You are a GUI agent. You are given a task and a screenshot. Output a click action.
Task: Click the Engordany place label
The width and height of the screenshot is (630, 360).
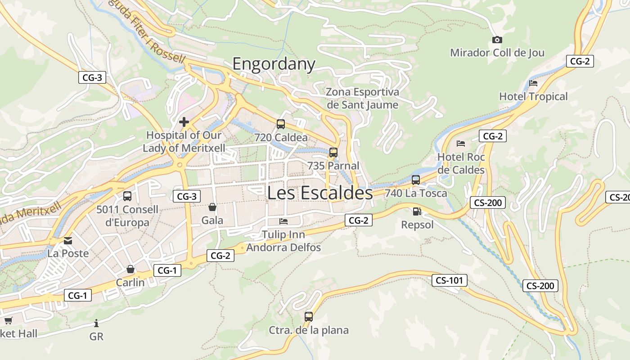(274, 64)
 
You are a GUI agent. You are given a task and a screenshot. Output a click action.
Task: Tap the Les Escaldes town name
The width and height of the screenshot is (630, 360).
(320, 193)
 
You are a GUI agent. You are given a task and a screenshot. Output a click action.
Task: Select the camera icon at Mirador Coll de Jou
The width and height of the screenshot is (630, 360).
(497, 40)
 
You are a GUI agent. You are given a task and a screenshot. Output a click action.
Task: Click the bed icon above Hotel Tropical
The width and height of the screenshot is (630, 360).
(533, 83)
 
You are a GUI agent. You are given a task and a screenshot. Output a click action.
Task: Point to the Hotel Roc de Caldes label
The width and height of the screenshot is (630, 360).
(461, 163)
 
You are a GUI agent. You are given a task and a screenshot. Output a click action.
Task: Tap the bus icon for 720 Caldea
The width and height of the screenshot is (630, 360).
(281, 124)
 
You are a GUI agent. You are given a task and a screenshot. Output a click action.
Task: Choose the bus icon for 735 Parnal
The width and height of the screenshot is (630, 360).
(333, 152)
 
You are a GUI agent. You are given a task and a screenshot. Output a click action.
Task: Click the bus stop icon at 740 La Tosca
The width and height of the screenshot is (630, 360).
(416, 180)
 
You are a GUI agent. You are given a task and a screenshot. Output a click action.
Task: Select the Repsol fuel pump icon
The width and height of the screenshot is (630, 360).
(417, 211)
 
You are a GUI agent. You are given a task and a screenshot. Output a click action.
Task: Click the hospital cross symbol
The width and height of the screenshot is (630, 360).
(184, 121)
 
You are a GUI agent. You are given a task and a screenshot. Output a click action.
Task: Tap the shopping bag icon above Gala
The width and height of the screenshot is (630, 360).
(212, 207)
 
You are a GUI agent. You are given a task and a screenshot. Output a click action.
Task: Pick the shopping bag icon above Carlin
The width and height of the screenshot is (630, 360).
(130, 269)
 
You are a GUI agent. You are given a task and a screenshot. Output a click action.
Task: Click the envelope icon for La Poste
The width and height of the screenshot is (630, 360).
(68, 241)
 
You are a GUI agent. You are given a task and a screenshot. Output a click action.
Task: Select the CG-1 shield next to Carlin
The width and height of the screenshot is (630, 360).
(167, 270)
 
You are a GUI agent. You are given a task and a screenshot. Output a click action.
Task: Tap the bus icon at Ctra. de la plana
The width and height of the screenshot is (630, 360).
(308, 316)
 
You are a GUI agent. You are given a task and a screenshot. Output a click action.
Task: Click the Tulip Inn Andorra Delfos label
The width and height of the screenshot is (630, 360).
(283, 241)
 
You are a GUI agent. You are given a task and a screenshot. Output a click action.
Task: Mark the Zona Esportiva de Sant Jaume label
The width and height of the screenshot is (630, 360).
(362, 99)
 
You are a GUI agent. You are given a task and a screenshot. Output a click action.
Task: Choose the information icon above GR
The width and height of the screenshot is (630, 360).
(96, 323)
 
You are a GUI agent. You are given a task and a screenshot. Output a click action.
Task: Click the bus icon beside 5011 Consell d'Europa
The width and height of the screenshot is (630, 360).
(127, 196)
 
